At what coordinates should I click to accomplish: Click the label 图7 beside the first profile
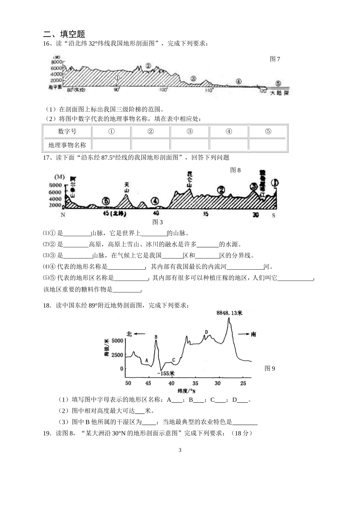coord(275,59)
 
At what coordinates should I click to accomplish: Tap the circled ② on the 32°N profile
coord(148,66)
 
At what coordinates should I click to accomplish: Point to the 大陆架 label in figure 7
coord(279,93)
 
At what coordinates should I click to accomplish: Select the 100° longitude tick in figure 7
coord(163,90)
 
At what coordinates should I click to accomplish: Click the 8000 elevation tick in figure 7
coord(56,62)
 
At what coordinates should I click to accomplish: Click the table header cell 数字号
coord(67,131)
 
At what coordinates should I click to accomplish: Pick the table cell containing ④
coord(229,131)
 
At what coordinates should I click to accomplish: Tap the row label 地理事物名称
coord(67,145)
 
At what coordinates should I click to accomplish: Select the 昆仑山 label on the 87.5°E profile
coord(189,179)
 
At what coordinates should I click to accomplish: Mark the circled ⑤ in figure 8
coord(106,201)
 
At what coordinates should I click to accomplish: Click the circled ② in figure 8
coord(221,190)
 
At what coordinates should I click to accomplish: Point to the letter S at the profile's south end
coord(274,215)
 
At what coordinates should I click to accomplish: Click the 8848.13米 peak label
coord(229,313)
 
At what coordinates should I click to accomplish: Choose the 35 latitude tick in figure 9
coord(195,383)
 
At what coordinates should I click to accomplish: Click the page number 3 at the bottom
coord(180,450)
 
